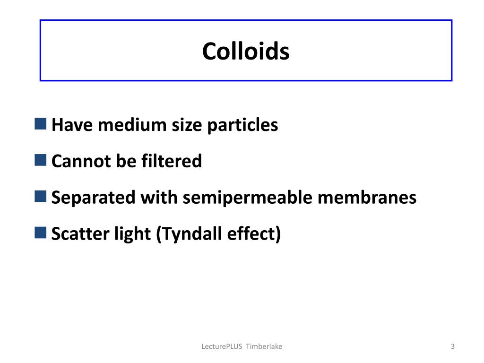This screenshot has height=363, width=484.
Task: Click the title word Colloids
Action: [246, 51]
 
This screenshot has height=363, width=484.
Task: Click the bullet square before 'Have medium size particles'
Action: [41, 124]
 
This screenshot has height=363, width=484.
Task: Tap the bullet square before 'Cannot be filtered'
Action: [41, 160]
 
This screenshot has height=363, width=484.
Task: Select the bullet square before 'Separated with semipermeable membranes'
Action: [41, 196]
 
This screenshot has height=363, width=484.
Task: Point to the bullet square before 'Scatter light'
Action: [41, 232]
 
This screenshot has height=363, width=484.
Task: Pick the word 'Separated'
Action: [93, 197]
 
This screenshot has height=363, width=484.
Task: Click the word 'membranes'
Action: [367, 197]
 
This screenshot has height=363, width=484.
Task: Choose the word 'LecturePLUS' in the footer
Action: [222, 347]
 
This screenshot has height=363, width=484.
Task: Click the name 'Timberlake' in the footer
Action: [264, 347]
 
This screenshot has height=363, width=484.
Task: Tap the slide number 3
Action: [453, 347]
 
